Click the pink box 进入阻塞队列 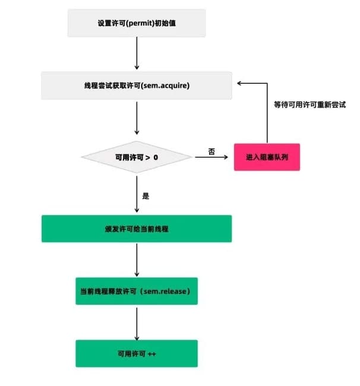click(266, 157)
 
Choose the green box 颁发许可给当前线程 click(136, 229)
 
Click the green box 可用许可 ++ click(136, 353)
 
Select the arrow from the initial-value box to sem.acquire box click(137, 54)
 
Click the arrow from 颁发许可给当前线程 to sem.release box click(137, 259)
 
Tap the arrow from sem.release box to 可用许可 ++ click(137, 322)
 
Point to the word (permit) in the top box click(135, 23)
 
